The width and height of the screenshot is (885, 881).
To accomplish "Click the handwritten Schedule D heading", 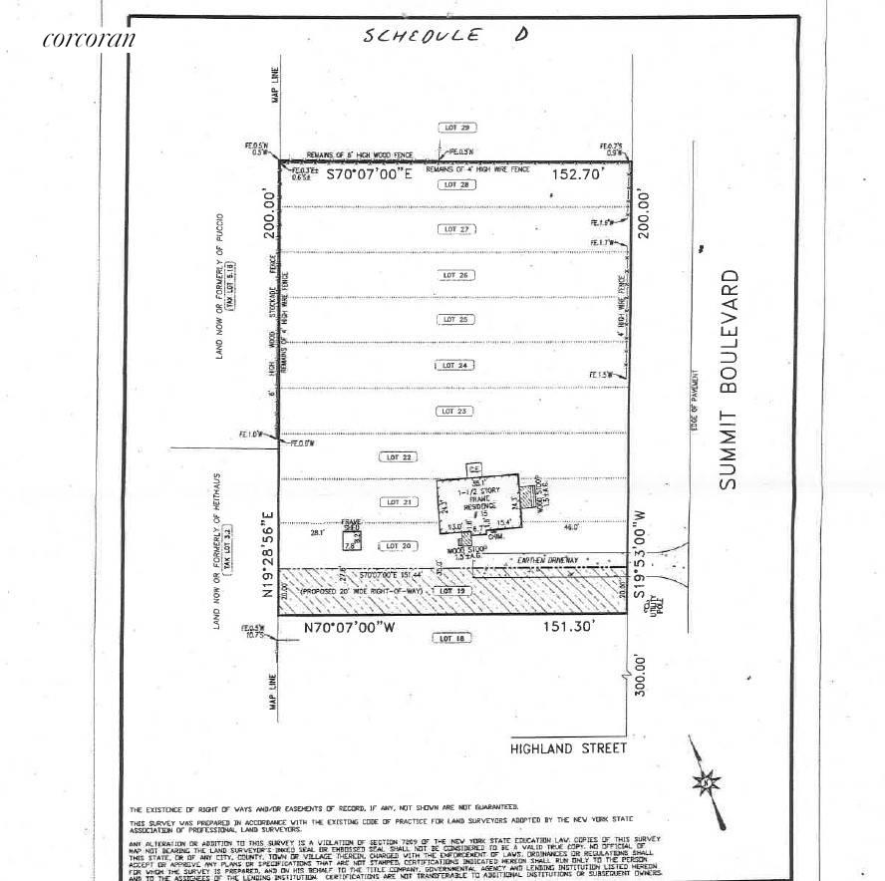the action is pos(445,36).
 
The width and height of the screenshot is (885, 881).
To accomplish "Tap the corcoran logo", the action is pos(89,40).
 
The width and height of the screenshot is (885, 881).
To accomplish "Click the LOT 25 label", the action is pos(454,319).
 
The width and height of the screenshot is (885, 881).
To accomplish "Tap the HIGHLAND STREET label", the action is pos(569,747).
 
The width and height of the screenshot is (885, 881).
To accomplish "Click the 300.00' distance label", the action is pos(641,676).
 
